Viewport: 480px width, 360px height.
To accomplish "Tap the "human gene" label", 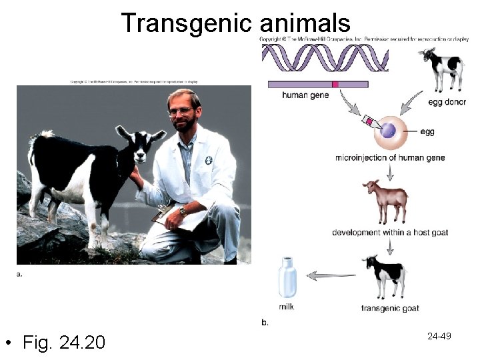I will click(305, 95).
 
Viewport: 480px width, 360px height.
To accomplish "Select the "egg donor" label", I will click(447, 102).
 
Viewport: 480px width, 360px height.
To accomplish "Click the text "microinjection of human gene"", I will click(390, 158).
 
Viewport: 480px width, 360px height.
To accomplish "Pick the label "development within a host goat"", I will click(390, 233).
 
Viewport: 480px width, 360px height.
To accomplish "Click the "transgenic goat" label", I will click(389, 308).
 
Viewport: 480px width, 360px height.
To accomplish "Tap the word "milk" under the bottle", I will click(286, 307).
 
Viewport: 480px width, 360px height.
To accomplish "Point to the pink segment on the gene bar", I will click(335, 85).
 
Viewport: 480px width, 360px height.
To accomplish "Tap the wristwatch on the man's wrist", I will click(181, 211).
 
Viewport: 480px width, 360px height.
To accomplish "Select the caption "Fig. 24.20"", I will click(63, 343).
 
